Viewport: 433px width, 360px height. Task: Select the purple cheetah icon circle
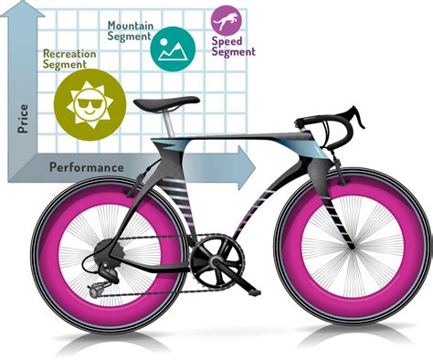click(227, 19)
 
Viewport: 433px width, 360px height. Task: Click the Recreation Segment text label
click(70, 59)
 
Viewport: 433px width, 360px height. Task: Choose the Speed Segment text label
click(233, 47)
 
